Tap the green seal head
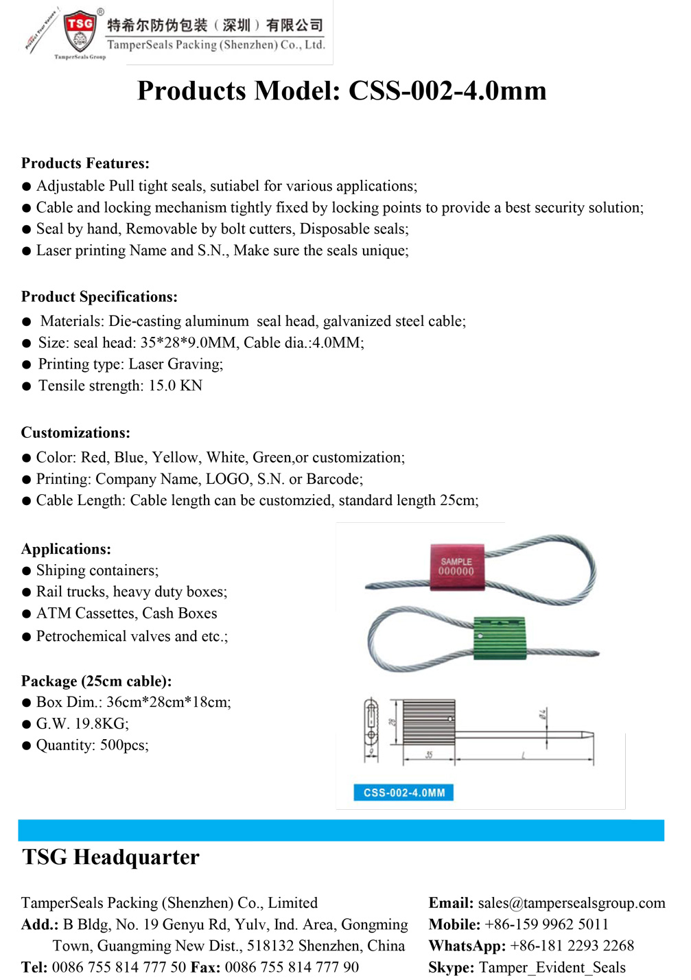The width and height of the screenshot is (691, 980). (500, 638)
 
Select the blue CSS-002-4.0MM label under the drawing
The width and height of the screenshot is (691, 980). (403, 793)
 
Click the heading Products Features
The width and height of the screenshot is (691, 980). (85, 163)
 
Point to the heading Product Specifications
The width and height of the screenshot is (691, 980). (99, 296)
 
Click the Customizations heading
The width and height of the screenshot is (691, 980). (75, 432)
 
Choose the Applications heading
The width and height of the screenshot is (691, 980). (66, 549)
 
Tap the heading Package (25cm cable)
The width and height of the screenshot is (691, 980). (96, 681)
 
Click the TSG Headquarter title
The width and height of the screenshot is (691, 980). (110, 857)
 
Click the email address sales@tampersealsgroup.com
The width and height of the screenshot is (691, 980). (572, 902)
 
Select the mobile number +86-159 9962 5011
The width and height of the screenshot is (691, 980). (546, 924)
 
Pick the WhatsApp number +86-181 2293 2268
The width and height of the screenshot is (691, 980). (572, 946)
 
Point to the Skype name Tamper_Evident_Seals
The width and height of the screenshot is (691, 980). (552, 968)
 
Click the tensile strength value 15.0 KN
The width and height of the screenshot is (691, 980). (176, 386)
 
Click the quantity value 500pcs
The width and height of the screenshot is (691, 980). (124, 745)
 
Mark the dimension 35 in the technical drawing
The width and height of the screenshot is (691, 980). (429, 755)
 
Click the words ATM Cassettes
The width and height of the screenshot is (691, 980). (84, 614)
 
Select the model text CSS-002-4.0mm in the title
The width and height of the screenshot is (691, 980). (447, 91)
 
